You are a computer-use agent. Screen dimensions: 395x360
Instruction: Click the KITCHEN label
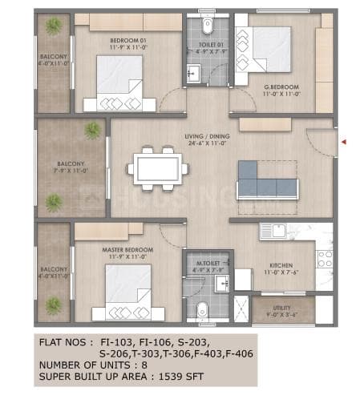coord(280,265)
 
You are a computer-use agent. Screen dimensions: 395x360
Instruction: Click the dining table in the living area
coord(158,169)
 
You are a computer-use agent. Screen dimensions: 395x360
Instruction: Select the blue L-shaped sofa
coord(265,183)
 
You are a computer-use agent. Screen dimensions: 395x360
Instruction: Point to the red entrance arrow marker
coord(343,143)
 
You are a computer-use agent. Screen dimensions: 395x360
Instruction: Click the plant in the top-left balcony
coord(54,26)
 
